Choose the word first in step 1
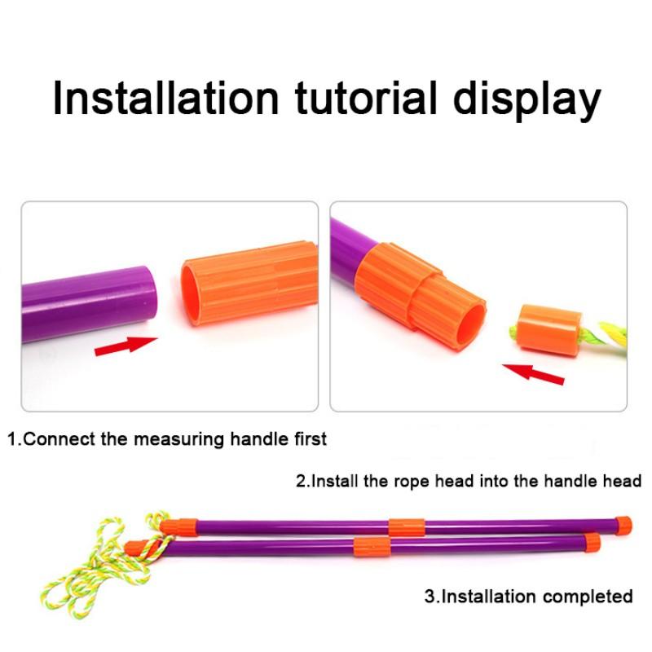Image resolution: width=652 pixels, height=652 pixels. pyautogui.click(x=306, y=438)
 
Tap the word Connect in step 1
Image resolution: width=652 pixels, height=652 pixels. pyautogui.click(x=58, y=439)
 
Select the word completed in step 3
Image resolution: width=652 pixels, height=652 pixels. pyautogui.click(x=588, y=596)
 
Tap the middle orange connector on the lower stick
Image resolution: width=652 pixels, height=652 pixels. pyautogui.click(x=369, y=544)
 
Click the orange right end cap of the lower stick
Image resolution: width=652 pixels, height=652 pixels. pyautogui.click(x=592, y=541)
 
